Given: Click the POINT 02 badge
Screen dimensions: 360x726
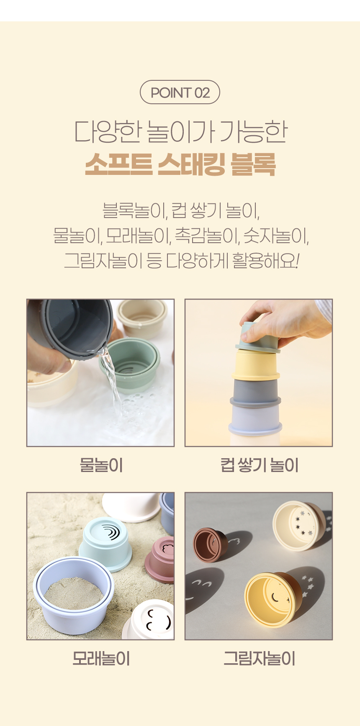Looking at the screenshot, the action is pyautogui.click(x=180, y=92).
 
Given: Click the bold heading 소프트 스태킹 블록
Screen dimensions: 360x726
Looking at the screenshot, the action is pyautogui.click(x=180, y=164).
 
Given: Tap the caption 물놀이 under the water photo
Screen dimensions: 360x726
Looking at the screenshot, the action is pyautogui.click(x=101, y=465).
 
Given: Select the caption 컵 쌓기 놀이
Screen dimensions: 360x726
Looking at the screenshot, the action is pyautogui.click(x=259, y=465).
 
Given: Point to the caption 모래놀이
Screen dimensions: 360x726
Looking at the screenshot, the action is pyautogui.click(x=101, y=659).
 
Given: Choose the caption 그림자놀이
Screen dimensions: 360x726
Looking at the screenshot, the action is pyautogui.click(x=259, y=659).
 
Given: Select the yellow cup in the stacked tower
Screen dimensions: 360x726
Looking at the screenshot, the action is pyautogui.click(x=255, y=365).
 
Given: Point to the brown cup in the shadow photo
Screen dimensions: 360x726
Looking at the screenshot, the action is pyautogui.click(x=210, y=545).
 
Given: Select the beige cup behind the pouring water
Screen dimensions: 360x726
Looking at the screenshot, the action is pyautogui.click(x=142, y=318).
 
